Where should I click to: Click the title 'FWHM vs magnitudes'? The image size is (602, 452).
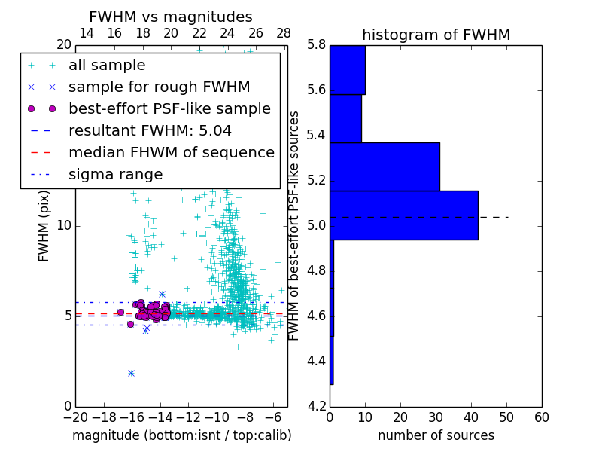pyautogui.click(x=170, y=17)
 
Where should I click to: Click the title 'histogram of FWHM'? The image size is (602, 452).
pyautogui.click(x=436, y=35)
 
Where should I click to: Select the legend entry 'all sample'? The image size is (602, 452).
pyautogui.click(x=107, y=66)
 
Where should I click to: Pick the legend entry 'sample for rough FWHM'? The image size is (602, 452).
pyautogui.click(x=159, y=87)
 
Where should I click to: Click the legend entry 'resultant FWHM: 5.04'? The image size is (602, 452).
pyautogui.click(x=150, y=131)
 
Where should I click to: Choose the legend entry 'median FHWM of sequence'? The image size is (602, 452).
pyautogui.click(x=171, y=153)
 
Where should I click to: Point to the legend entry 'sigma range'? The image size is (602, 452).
pyautogui.click(x=115, y=175)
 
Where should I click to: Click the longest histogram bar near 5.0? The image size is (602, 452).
pyautogui.click(x=403, y=215)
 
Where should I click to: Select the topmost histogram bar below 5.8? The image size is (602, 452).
pyautogui.click(x=347, y=70)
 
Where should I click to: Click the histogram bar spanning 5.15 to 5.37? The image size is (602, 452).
pyautogui.click(x=384, y=166)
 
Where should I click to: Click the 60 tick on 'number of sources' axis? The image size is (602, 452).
pyautogui.click(x=541, y=417)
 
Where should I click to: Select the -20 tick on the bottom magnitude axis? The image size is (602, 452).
pyautogui.click(x=75, y=417)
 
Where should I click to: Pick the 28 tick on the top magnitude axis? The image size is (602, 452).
pyautogui.click(x=284, y=33)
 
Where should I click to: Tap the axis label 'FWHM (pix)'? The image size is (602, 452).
pyautogui.click(x=44, y=225)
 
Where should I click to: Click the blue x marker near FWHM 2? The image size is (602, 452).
pyautogui.click(x=131, y=373)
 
